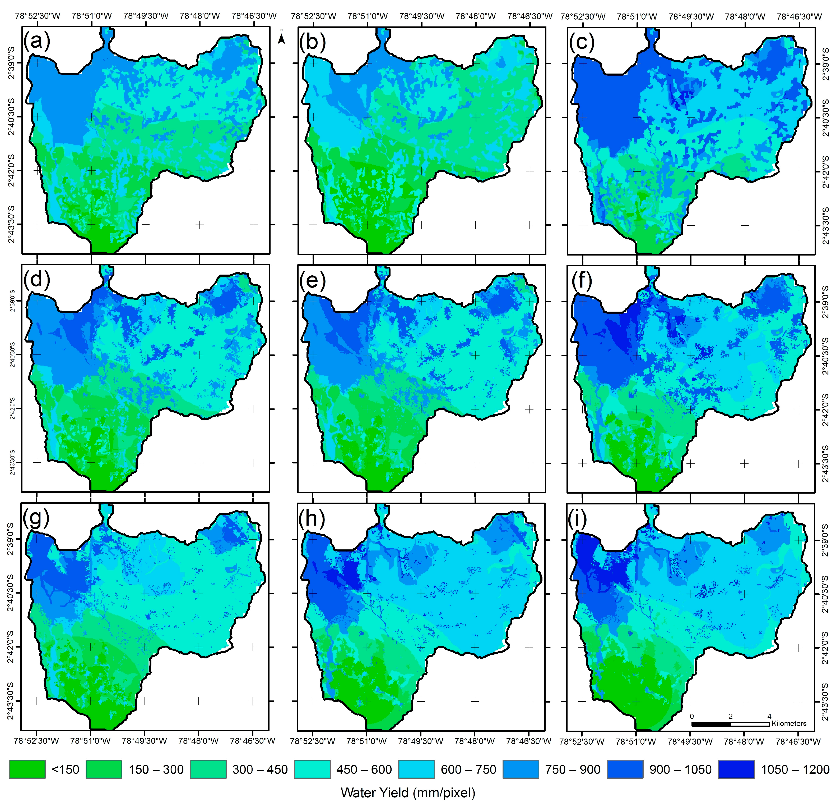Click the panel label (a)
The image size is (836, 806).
point(37,42)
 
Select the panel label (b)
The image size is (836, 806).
point(313,42)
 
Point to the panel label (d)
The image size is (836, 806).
point(37,280)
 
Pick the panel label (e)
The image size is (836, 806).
point(313,280)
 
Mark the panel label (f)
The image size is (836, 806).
point(581,280)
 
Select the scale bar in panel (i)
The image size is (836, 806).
point(730,724)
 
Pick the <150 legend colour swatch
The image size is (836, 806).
point(27,769)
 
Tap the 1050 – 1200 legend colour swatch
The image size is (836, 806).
point(736,769)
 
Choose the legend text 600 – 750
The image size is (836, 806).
point(468,769)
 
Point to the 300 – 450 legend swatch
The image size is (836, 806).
point(208,769)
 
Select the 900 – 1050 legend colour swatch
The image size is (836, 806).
point(625,769)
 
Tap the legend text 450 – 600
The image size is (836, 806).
point(364,769)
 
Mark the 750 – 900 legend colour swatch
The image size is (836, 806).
point(520,769)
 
